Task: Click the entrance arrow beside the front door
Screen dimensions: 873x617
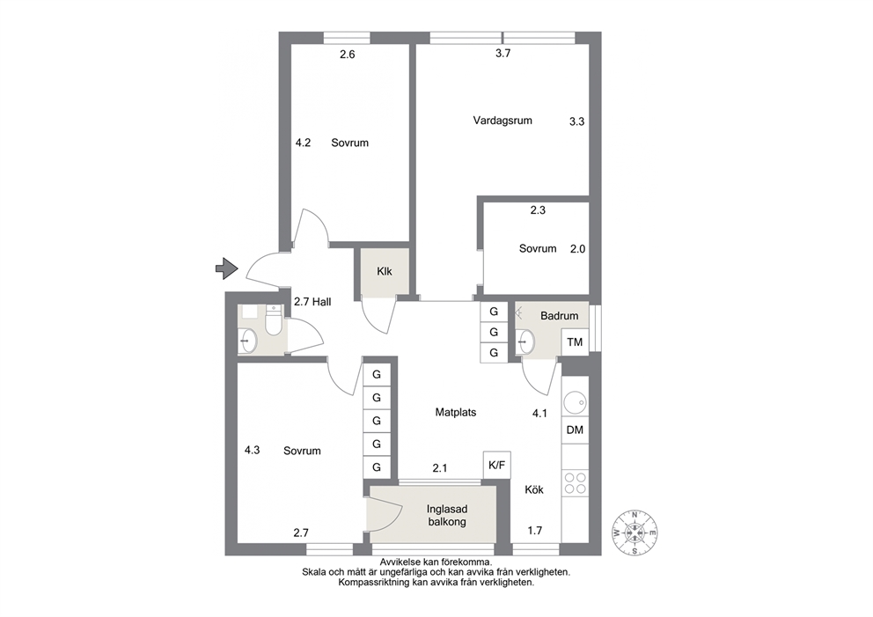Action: pos(226,268)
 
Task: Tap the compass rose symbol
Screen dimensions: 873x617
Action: pos(635,533)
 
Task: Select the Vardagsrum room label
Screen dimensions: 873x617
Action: pos(503,121)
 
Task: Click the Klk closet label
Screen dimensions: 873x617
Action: pos(385,271)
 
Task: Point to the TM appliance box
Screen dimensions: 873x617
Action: pos(575,342)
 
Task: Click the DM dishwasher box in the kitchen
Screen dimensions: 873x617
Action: pos(575,430)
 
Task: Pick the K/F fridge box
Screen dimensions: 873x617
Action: pos(496,465)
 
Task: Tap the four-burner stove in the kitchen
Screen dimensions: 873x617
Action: pos(576,483)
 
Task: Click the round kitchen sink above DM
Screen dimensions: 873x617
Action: pos(575,402)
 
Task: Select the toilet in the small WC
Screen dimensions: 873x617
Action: pos(273,320)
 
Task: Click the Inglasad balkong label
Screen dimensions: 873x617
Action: pos(446,515)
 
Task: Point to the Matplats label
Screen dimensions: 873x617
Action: pos(456,413)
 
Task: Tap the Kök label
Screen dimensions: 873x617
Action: pos(534,490)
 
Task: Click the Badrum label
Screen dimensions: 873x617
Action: pos(559,316)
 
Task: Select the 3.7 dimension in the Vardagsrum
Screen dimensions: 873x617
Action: pos(503,54)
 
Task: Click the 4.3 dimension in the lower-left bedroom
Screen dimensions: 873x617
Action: pos(253,450)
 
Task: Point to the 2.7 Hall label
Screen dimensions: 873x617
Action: pos(312,302)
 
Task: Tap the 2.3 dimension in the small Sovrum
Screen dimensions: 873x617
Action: pos(538,210)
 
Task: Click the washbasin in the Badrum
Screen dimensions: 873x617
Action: pos(525,342)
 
